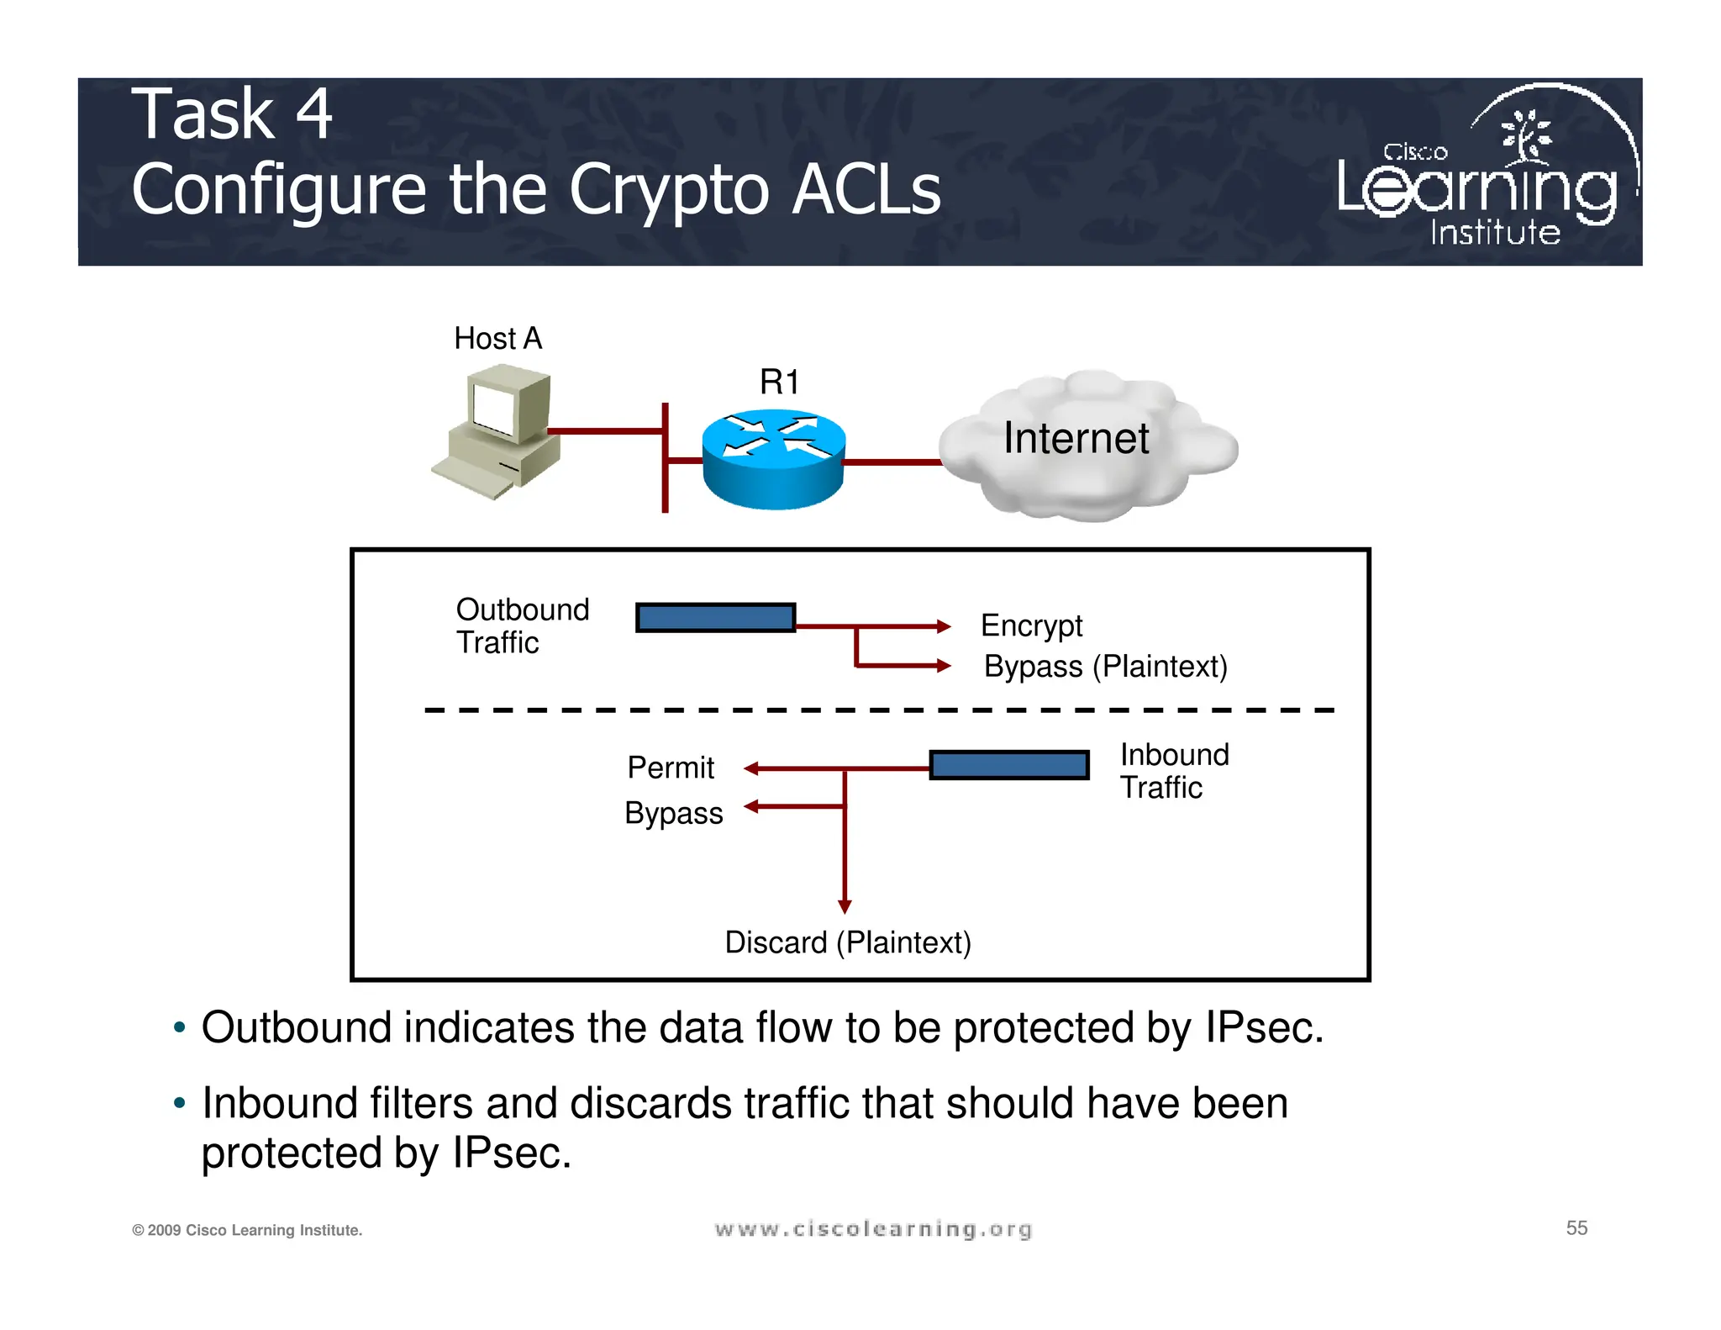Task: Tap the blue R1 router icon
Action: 773,458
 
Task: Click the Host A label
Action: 497,339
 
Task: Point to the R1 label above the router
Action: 779,383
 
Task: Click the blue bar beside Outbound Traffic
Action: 715,618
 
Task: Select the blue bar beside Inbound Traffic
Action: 1009,765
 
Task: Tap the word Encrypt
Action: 1031,625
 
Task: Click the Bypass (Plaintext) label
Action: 1105,667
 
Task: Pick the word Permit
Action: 670,768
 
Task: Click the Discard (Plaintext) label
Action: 847,942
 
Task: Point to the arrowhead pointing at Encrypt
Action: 944,626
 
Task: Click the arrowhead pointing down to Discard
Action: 845,906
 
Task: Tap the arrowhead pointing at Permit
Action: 751,768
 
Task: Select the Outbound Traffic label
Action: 522,626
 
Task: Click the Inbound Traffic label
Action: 1174,771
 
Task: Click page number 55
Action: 1576,1228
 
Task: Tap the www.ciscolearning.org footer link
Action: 873,1230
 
